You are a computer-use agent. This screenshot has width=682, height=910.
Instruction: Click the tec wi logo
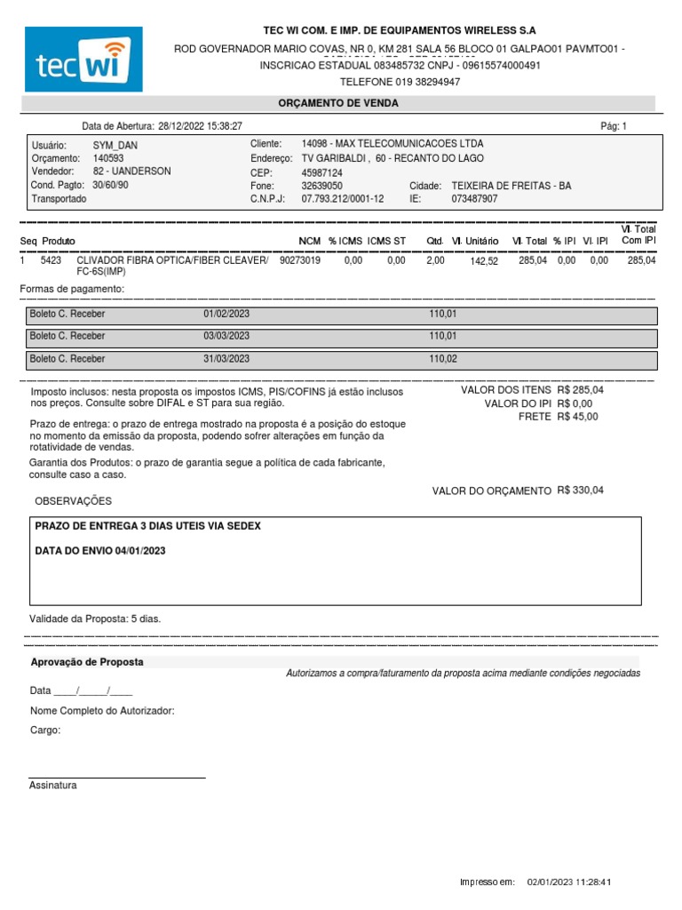pos(83,60)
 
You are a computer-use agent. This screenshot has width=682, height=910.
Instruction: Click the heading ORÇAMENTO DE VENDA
pos(338,103)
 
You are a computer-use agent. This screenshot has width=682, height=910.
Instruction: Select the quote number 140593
pos(109,157)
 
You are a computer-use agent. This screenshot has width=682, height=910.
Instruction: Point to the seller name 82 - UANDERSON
pos(132,171)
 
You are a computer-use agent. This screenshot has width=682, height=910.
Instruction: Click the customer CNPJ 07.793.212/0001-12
pos(343,199)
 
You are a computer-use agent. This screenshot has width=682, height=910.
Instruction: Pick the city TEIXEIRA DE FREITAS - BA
pos(511,186)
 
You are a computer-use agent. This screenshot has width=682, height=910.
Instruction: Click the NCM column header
pos(309,241)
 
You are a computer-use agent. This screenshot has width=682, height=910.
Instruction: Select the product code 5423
pos(51,261)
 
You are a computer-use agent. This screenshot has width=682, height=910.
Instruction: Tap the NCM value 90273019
pos(300,261)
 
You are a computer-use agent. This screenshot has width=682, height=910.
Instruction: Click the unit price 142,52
pos(484,262)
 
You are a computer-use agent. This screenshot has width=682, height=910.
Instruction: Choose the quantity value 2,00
pos(435,261)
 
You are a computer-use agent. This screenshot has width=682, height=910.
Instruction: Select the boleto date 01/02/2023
pos(226,314)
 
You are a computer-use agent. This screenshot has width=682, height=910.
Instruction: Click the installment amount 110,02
pos(443,359)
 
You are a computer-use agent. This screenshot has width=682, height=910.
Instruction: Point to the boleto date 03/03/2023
pos(226,336)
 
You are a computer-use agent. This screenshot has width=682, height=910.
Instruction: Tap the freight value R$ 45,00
pos(578,416)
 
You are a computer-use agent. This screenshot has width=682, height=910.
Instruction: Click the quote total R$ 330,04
pos(580,491)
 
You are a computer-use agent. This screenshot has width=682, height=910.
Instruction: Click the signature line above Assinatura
pos(117,778)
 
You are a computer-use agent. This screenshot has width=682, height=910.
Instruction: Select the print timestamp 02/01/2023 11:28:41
pos(569,882)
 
